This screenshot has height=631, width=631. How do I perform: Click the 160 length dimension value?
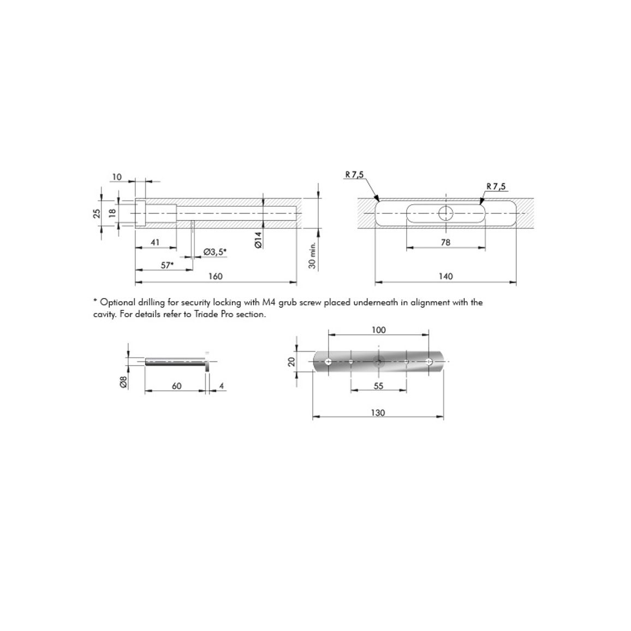click(216, 276)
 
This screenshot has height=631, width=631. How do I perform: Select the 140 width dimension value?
click(446, 276)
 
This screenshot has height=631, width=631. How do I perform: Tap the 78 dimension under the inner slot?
click(445, 242)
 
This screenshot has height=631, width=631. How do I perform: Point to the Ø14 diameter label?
click(258, 240)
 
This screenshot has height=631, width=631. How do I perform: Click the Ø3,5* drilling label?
click(215, 252)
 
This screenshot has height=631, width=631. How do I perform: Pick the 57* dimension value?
click(168, 265)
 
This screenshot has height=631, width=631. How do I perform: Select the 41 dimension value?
click(155, 242)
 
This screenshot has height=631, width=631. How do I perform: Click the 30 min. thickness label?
click(313, 255)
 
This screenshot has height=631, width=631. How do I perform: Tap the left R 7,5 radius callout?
click(354, 174)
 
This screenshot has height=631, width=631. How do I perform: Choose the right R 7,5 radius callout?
click(496, 186)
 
